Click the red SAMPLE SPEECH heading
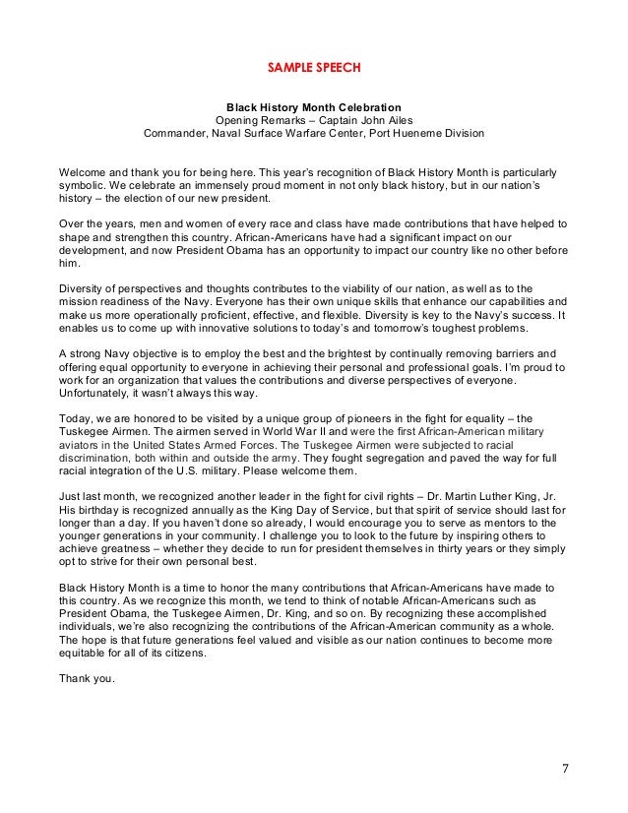pos(314,68)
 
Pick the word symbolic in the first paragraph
pos(84,183)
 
